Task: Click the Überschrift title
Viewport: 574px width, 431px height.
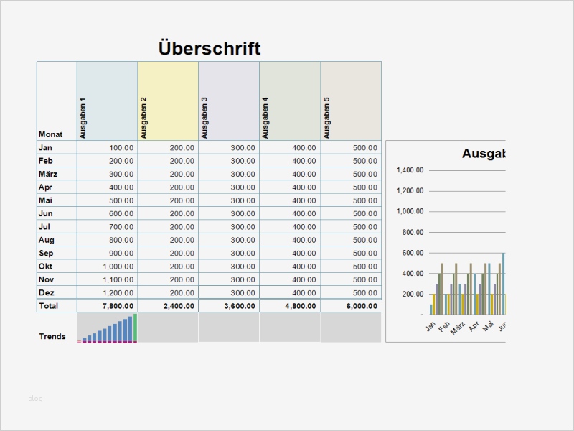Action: point(209,48)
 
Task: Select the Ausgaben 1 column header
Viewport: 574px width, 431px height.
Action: point(83,118)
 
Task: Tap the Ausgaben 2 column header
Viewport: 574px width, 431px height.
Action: point(143,118)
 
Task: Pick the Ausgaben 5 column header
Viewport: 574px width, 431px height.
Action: point(327,118)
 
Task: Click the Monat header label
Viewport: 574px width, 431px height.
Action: point(50,134)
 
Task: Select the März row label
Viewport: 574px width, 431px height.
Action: point(47,174)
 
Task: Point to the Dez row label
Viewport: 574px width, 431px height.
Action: point(46,292)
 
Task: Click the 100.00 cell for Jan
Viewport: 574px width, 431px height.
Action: point(121,148)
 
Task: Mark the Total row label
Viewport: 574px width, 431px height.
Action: point(48,306)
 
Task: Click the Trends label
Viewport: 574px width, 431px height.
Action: point(52,336)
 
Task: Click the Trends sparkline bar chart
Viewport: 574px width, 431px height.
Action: point(108,329)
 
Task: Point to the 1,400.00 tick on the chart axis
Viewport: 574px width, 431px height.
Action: point(410,170)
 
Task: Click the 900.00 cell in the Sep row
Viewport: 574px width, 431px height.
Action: point(121,254)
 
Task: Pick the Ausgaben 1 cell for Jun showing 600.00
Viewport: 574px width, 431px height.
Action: point(121,213)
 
